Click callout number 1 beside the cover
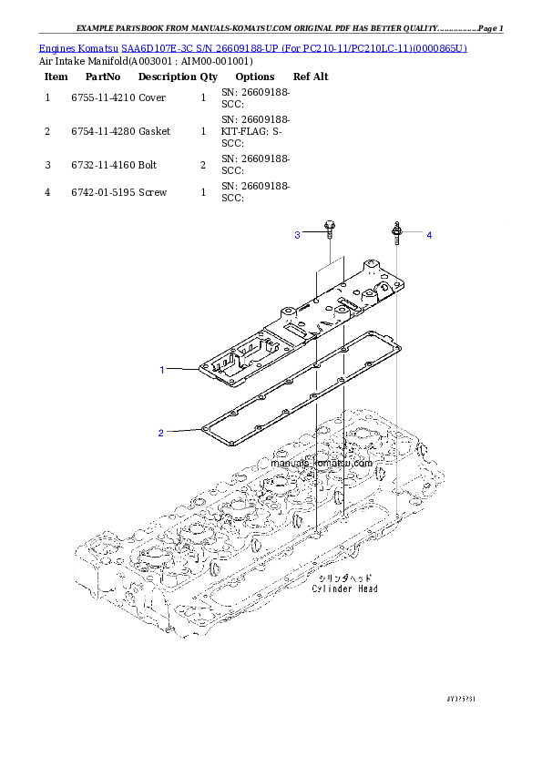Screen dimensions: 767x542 162,370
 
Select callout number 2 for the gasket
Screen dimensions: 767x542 161,433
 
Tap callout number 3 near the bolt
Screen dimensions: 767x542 297,235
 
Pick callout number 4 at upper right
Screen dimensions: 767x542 429,235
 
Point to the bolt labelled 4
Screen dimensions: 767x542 397,231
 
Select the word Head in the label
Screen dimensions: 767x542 367,588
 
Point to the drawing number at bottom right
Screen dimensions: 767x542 462,698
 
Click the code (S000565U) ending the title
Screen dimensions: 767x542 439,47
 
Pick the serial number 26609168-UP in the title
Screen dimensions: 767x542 241,47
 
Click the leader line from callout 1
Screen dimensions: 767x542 182,369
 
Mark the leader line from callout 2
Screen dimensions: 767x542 182,430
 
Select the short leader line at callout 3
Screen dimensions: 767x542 312,234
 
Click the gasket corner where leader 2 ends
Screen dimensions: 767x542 203,426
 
